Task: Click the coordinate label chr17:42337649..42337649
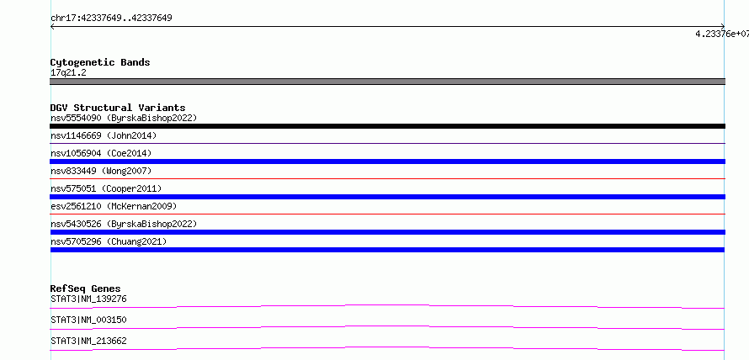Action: (x=111, y=19)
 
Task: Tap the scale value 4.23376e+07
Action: (x=722, y=34)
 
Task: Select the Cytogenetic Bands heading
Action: (x=100, y=62)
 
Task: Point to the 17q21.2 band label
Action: (x=68, y=73)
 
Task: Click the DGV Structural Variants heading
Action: (x=118, y=108)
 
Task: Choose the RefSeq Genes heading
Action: (x=86, y=289)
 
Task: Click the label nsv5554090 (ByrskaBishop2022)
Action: (x=124, y=118)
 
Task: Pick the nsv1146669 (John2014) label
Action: (x=104, y=135)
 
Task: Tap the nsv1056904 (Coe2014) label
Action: (x=101, y=153)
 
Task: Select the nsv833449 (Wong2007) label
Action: (x=101, y=171)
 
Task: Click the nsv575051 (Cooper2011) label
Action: (x=106, y=188)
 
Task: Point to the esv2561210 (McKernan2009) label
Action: (x=114, y=206)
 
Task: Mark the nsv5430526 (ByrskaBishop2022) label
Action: (x=124, y=224)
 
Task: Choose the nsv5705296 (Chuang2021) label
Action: (x=109, y=241)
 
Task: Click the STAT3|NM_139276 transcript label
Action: (x=88, y=299)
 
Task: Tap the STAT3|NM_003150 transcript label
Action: (x=88, y=320)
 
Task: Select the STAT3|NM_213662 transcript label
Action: (x=88, y=341)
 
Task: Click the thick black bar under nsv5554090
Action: (x=387, y=126)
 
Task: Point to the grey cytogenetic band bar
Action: (x=387, y=82)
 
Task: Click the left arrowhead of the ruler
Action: (x=51, y=27)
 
